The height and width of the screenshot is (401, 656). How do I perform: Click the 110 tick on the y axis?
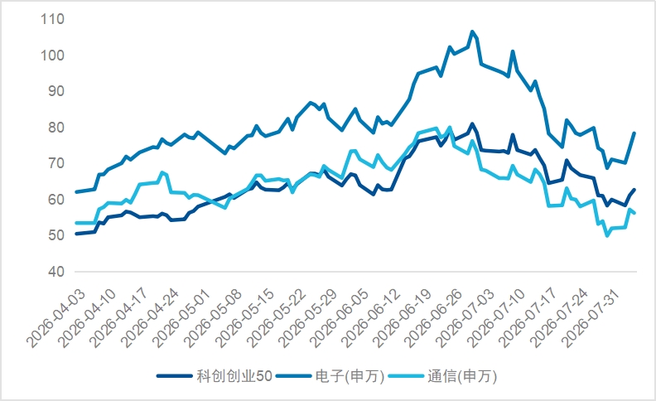53,19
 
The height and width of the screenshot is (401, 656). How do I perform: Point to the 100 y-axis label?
53,56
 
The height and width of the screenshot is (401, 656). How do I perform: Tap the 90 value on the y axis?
56,91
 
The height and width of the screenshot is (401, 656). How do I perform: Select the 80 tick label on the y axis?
56,128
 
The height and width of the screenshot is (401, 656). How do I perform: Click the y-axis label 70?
56,163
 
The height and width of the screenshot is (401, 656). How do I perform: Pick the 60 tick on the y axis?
56,199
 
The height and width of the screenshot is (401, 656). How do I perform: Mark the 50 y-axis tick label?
56,235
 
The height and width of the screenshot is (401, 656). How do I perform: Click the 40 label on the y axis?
56,271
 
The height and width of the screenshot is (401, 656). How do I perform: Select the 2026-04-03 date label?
56,318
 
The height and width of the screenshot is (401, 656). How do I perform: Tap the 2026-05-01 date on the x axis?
182,318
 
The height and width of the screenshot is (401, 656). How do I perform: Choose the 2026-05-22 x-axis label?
277,318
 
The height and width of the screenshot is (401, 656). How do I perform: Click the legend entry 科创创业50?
215,376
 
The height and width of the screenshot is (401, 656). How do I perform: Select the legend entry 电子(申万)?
330,376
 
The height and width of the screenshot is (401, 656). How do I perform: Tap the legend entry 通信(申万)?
442,376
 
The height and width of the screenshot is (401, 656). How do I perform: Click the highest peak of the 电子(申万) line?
472,31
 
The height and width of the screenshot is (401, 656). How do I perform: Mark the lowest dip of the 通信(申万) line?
607,235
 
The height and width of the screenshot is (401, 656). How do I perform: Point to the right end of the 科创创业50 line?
634,190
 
